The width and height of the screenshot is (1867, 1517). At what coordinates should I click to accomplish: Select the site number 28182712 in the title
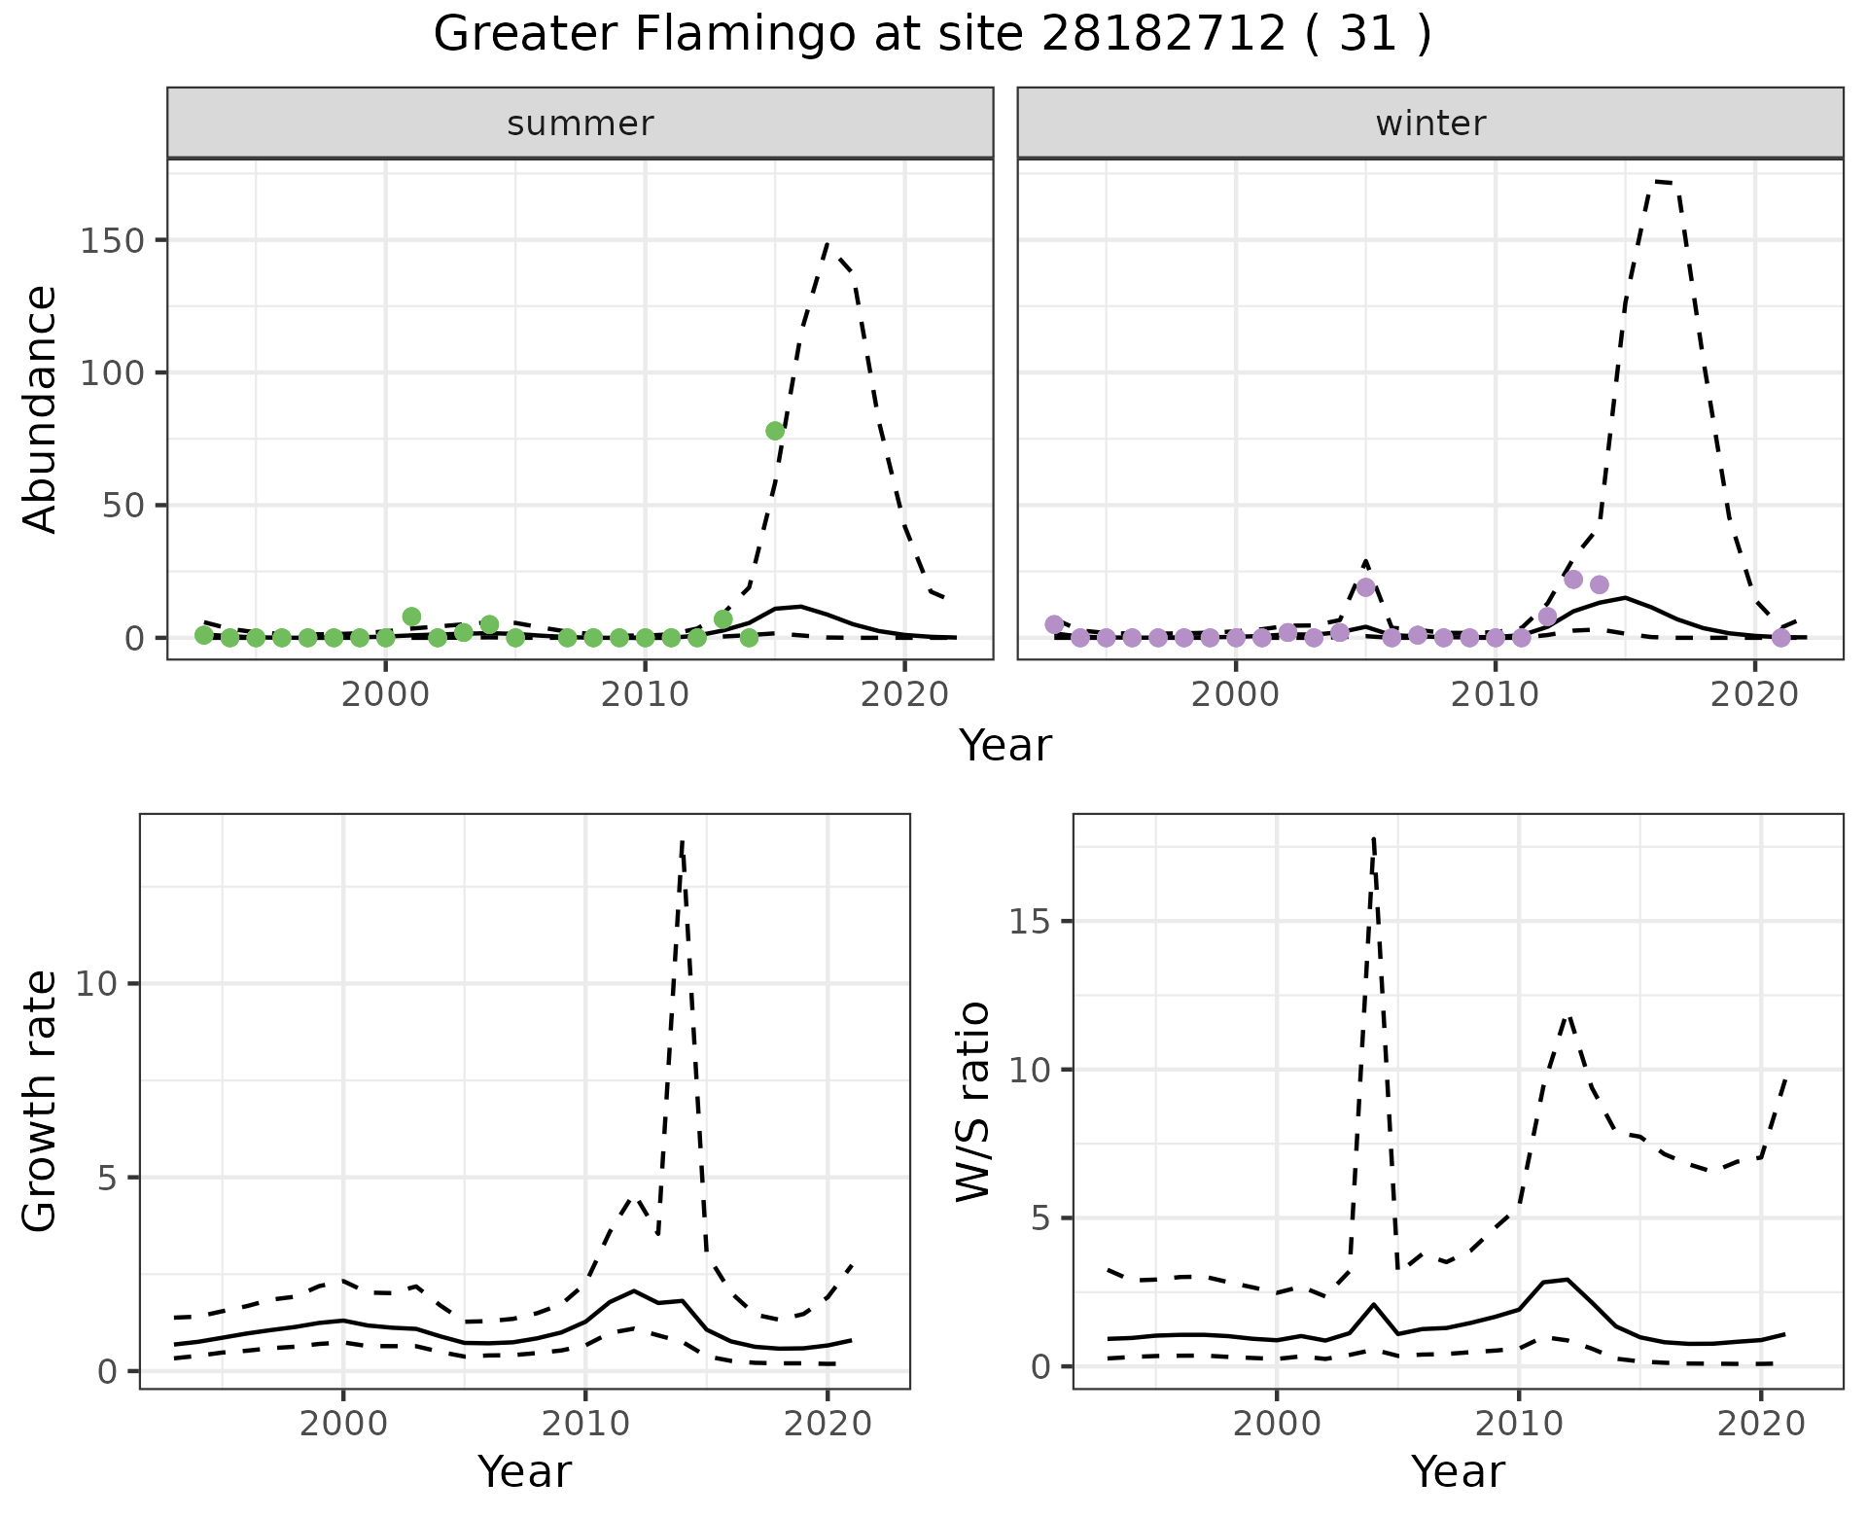pos(1164,35)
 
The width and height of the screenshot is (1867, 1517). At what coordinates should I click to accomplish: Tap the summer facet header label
pos(581,123)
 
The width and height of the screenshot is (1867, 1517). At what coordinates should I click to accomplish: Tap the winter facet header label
pos(1430,123)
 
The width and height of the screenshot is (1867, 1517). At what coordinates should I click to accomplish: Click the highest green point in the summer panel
pos(775,431)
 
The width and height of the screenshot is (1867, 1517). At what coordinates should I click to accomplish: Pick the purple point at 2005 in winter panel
pos(1365,587)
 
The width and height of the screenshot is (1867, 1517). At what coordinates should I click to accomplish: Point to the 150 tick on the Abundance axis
pos(109,240)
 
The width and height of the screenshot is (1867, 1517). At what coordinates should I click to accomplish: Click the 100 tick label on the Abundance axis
pos(109,373)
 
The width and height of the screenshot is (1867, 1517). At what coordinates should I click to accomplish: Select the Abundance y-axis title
pos(41,408)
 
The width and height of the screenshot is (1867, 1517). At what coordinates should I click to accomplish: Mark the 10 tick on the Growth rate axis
pos(96,984)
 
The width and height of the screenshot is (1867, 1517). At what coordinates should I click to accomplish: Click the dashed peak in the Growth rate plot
pos(683,842)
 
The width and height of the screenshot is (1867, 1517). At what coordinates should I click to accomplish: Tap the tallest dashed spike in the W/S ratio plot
pos(1373,837)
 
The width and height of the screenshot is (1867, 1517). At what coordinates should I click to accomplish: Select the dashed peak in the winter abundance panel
pos(1663,182)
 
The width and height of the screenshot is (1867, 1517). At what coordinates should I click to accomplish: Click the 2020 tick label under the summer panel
pos(904,695)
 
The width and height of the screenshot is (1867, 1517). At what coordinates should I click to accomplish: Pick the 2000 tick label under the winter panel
pos(1236,695)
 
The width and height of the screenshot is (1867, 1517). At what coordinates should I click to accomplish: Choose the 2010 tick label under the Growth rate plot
pos(584,1425)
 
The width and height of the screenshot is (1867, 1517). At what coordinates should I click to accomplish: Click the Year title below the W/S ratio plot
pos(1458,1471)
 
